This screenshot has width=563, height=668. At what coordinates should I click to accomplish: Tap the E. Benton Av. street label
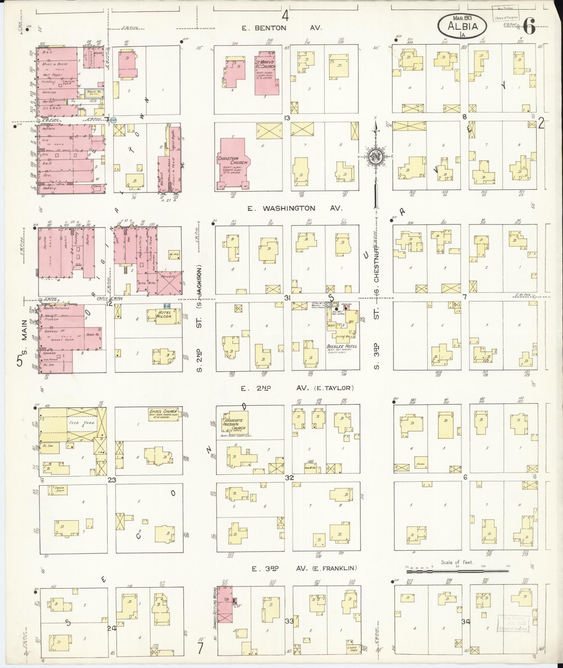282,28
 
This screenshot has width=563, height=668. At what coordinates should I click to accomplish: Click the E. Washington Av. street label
295,208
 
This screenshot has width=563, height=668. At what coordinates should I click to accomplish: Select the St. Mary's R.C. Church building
267,73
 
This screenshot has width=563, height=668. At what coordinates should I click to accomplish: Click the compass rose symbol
376,156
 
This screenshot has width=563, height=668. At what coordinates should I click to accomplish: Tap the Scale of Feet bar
458,572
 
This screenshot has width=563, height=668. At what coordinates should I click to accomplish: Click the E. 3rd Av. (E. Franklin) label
304,568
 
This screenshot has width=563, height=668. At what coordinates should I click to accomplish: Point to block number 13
287,118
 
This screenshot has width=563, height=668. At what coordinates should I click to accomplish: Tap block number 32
289,478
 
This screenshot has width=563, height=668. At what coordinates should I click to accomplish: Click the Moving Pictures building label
57,308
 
